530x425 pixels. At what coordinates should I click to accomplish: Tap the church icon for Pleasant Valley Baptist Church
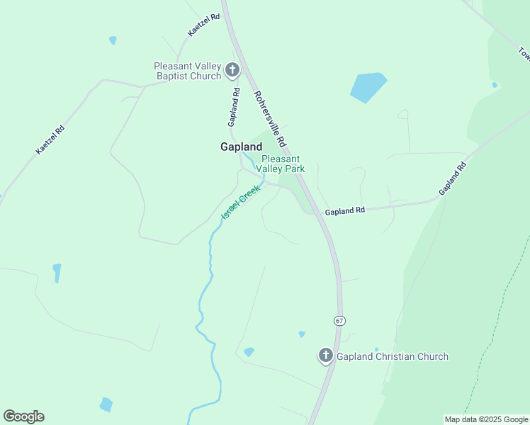232,70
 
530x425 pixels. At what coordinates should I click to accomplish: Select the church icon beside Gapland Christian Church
326,356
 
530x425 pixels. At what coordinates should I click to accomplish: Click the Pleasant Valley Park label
283,164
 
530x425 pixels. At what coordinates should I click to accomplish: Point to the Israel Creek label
241,202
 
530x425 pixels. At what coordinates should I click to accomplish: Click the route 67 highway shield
340,321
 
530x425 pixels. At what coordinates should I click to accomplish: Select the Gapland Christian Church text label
392,356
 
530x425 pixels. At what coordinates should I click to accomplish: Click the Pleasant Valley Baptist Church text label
188,71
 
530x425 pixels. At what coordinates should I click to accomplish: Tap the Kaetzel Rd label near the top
204,25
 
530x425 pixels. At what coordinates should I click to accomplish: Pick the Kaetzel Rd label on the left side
50,140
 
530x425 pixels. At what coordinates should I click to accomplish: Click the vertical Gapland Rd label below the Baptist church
232,108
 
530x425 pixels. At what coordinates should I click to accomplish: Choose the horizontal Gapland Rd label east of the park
344,210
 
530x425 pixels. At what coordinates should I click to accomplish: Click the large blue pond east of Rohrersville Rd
368,86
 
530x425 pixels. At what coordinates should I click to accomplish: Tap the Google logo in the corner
23,416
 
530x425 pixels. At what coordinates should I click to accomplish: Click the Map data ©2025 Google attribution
486,419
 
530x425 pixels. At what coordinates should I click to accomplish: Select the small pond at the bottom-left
106,404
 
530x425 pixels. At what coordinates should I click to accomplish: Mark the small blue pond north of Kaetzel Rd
113,40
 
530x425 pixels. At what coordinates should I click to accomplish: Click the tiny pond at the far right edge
495,85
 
